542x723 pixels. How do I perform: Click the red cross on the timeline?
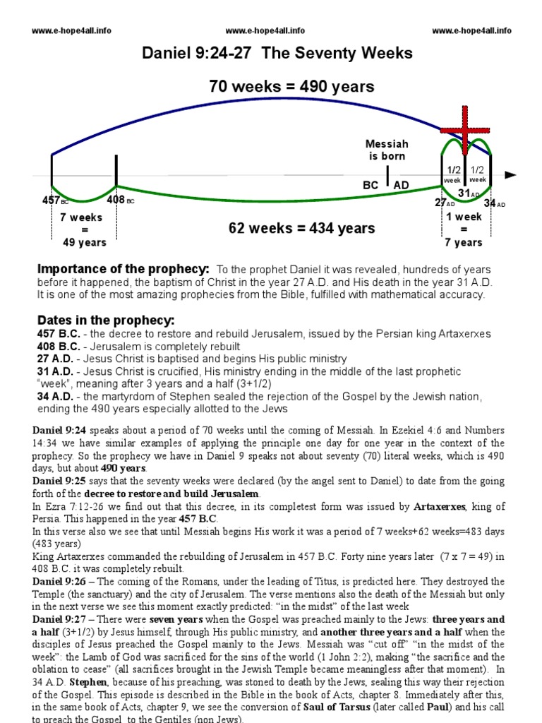coord(464,130)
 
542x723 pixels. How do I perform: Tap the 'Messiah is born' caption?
coord(387,150)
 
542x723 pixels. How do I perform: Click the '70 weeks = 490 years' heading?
coord(291,87)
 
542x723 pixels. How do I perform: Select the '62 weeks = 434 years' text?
coord(301,228)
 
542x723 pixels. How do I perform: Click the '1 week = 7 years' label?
coord(464,229)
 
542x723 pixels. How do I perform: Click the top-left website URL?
coord(71,31)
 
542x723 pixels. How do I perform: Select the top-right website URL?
coord(471,31)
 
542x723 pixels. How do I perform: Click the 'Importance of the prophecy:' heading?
coord(124,269)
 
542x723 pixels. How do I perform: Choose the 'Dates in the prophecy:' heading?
coord(105,320)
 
